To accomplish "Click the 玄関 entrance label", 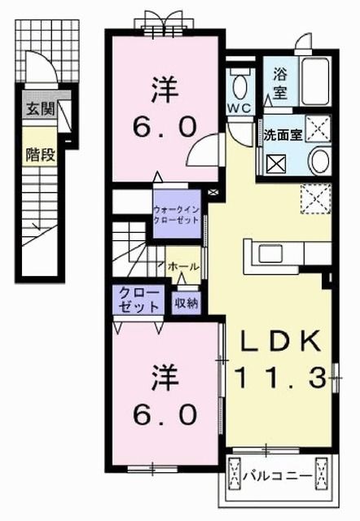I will (39, 109).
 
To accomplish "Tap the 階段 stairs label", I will (39, 153).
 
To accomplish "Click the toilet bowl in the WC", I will (241, 84).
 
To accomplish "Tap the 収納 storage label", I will (186, 303).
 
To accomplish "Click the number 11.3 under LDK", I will (279, 377).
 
